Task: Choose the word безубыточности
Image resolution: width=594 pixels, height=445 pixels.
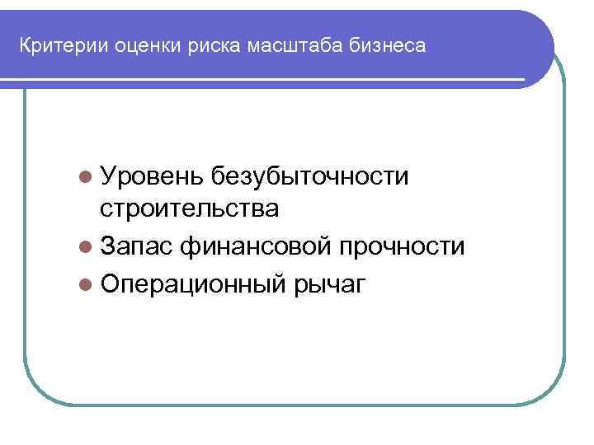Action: coord(309,175)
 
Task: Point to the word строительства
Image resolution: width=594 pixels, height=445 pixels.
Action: coord(189,210)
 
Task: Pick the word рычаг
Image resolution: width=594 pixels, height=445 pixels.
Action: coord(328,284)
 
